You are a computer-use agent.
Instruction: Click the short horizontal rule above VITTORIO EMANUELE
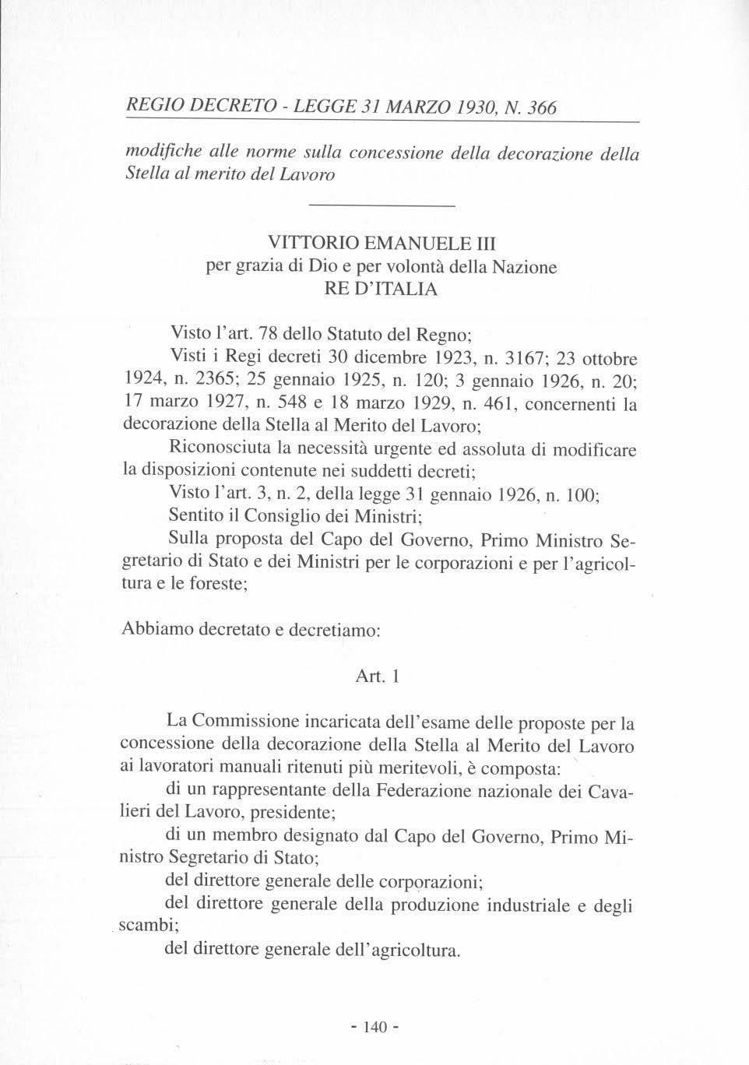[381, 205]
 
